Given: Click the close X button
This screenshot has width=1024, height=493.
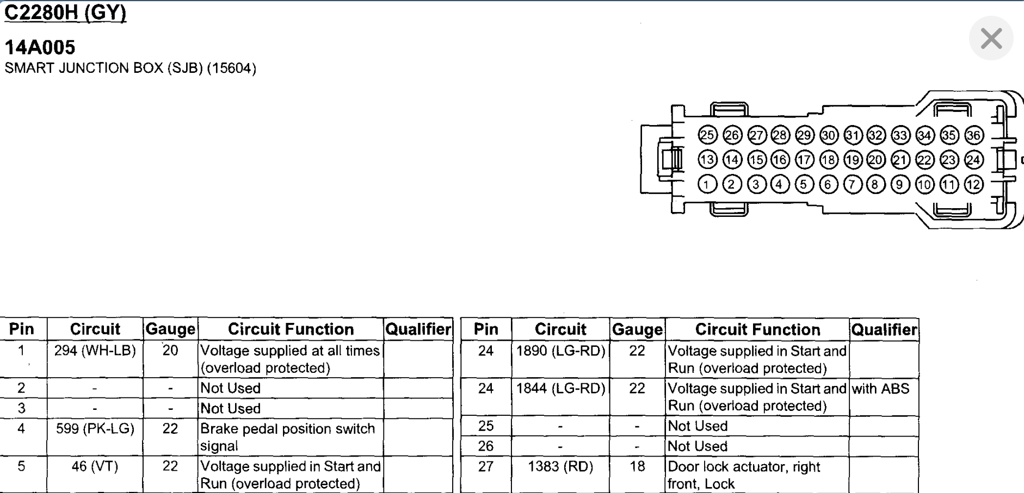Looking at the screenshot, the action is (991, 39).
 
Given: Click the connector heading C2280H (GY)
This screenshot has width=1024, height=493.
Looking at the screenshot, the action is (65, 12).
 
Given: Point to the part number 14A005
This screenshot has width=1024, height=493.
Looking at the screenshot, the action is (40, 47).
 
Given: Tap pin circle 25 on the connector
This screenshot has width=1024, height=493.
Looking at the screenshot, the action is (707, 135).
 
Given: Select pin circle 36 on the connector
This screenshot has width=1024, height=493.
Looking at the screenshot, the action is (974, 135).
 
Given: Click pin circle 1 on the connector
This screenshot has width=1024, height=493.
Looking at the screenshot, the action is (707, 185).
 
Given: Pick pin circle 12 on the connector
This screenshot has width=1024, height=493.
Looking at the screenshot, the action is (974, 185).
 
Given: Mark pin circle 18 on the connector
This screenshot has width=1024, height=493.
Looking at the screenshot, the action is (829, 160).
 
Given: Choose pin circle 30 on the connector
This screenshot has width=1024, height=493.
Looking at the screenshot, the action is (829, 135).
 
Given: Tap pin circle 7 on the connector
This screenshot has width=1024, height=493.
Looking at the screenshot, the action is (853, 185).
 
